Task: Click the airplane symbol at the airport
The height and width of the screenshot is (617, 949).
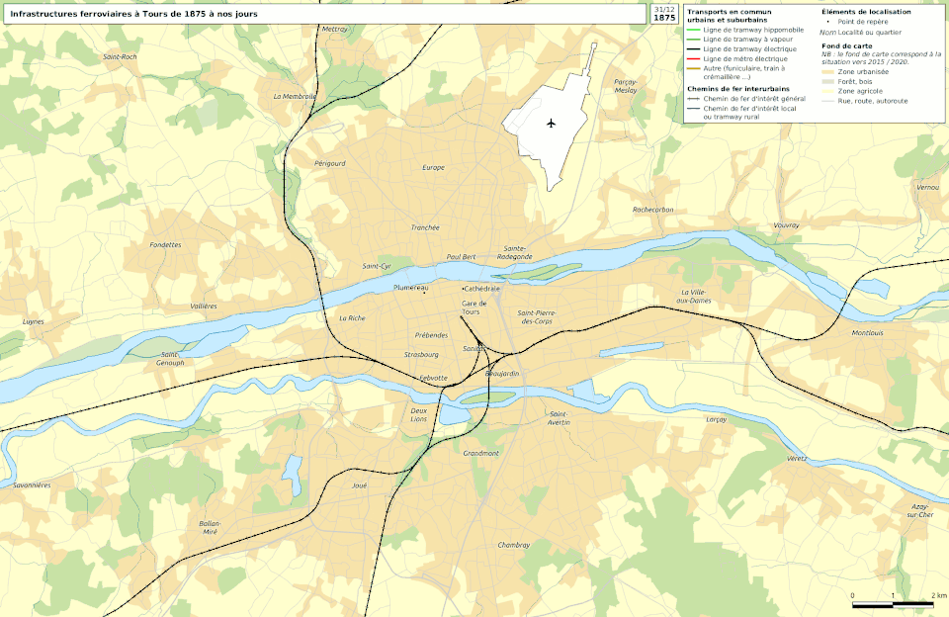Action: pos(551,124)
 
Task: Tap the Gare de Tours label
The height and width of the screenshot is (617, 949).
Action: pos(474,308)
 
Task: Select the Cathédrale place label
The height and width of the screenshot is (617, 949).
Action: pos(482,288)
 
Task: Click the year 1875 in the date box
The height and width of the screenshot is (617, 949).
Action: pos(665,18)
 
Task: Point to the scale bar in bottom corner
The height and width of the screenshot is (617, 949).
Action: pos(892,604)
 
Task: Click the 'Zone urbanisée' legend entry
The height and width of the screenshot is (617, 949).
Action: pos(862,72)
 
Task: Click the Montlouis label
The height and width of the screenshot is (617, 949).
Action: pos(866,333)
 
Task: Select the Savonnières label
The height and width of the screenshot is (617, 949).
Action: pos(32,485)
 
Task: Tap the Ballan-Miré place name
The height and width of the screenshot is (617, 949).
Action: pos(209,527)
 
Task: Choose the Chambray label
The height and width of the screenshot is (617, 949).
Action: pos(514,545)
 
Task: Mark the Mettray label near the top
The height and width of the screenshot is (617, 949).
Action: pos(335,30)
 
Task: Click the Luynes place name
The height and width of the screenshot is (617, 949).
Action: pos(34,321)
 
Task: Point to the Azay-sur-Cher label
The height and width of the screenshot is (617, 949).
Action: pos(920,510)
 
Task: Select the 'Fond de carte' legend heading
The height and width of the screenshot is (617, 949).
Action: pos(846,45)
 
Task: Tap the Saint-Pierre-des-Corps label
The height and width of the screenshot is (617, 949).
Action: pos(538,317)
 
